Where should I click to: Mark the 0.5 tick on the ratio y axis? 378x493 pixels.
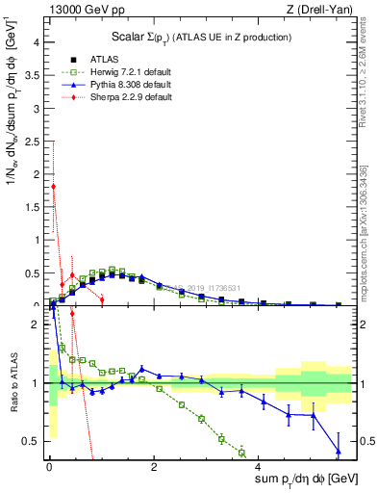click(32, 441)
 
